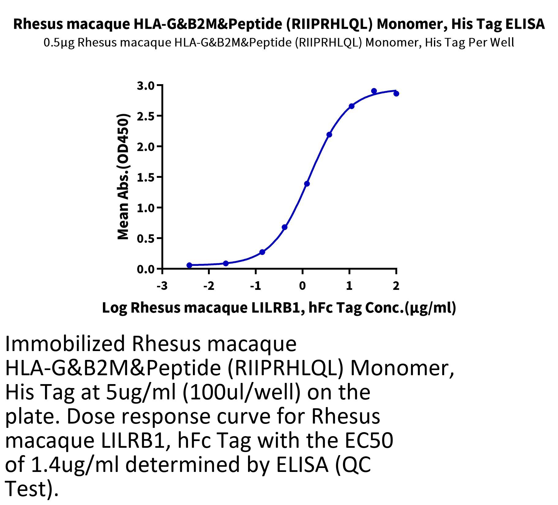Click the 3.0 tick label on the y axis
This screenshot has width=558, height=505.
[x=146, y=86]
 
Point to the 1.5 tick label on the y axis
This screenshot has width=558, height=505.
[x=146, y=177]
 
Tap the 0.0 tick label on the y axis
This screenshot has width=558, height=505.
[x=146, y=269]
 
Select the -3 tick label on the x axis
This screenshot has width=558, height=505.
[x=162, y=286]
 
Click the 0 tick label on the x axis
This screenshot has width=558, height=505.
[x=302, y=286]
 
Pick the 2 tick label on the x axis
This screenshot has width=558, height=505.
[x=396, y=286]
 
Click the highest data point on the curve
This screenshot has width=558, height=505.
[x=374, y=91]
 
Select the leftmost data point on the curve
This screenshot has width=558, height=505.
[x=189, y=265]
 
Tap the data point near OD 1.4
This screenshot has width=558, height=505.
[x=307, y=184]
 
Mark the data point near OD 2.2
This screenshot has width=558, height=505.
[x=329, y=135]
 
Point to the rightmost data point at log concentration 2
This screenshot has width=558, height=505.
[x=396, y=94]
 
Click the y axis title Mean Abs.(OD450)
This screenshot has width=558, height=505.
[x=123, y=177]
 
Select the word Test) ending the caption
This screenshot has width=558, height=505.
[x=32, y=489]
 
